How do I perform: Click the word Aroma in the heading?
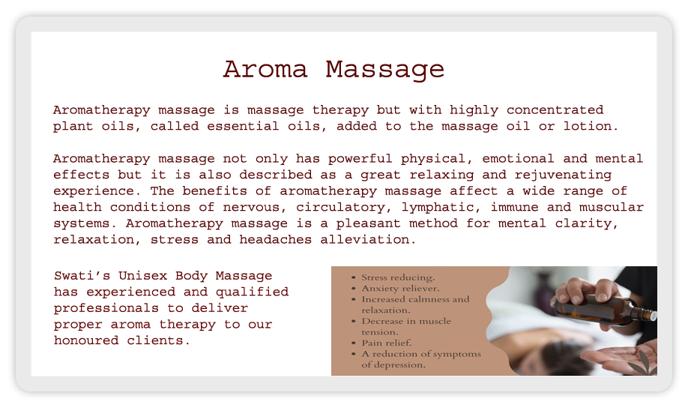pyautogui.click(x=265, y=70)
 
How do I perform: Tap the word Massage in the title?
pyautogui.click(x=384, y=70)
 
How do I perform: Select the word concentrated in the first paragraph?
pyautogui.click(x=555, y=109)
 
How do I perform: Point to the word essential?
pyautogui.click(x=243, y=126)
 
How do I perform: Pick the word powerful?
pyautogui.click(x=360, y=158)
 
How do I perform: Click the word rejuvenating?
pyautogui.click(x=563, y=175)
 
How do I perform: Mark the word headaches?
pyautogui.click(x=276, y=239)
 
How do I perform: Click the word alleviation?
pyautogui.click(x=368, y=239)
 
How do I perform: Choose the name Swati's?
pyautogui.click(x=82, y=276)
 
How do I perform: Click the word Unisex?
pyautogui.click(x=143, y=276)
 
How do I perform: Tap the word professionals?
pyautogui.click(x=106, y=308)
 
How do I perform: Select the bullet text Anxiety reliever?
pyautogui.click(x=400, y=289)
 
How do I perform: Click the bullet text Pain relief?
pyautogui.click(x=387, y=343)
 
